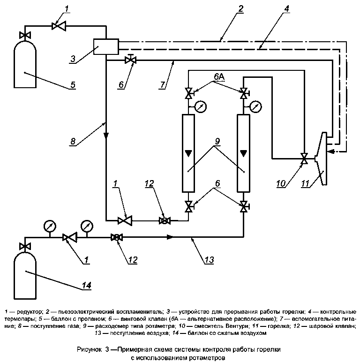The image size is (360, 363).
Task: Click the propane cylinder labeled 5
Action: point(25,64)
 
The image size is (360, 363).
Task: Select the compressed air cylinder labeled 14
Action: point(25,275)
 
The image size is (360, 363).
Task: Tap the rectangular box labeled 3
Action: point(106,46)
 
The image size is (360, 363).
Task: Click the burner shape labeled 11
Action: point(321,159)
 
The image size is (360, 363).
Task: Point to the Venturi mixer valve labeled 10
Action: point(304,159)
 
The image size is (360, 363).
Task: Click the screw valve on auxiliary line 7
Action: point(130,60)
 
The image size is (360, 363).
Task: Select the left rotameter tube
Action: point(188,153)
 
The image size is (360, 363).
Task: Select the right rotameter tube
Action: point(243,153)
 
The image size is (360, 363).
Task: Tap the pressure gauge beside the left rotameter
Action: point(200,107)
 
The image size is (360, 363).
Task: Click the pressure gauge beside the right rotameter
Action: point(255,107)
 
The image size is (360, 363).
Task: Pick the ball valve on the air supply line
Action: point(117,237)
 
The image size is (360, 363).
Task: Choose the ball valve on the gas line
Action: point(165,220)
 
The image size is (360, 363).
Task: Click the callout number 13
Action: point(209,259)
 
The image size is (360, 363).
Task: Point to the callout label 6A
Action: point(219,77)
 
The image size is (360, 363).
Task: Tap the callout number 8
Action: point(73,141)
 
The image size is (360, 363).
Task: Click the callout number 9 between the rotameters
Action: point(217,141)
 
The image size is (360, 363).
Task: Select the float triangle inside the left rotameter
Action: point(188,153)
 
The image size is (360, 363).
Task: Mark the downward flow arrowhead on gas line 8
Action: point(106,135)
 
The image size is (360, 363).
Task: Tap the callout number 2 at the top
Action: point(240,9)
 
